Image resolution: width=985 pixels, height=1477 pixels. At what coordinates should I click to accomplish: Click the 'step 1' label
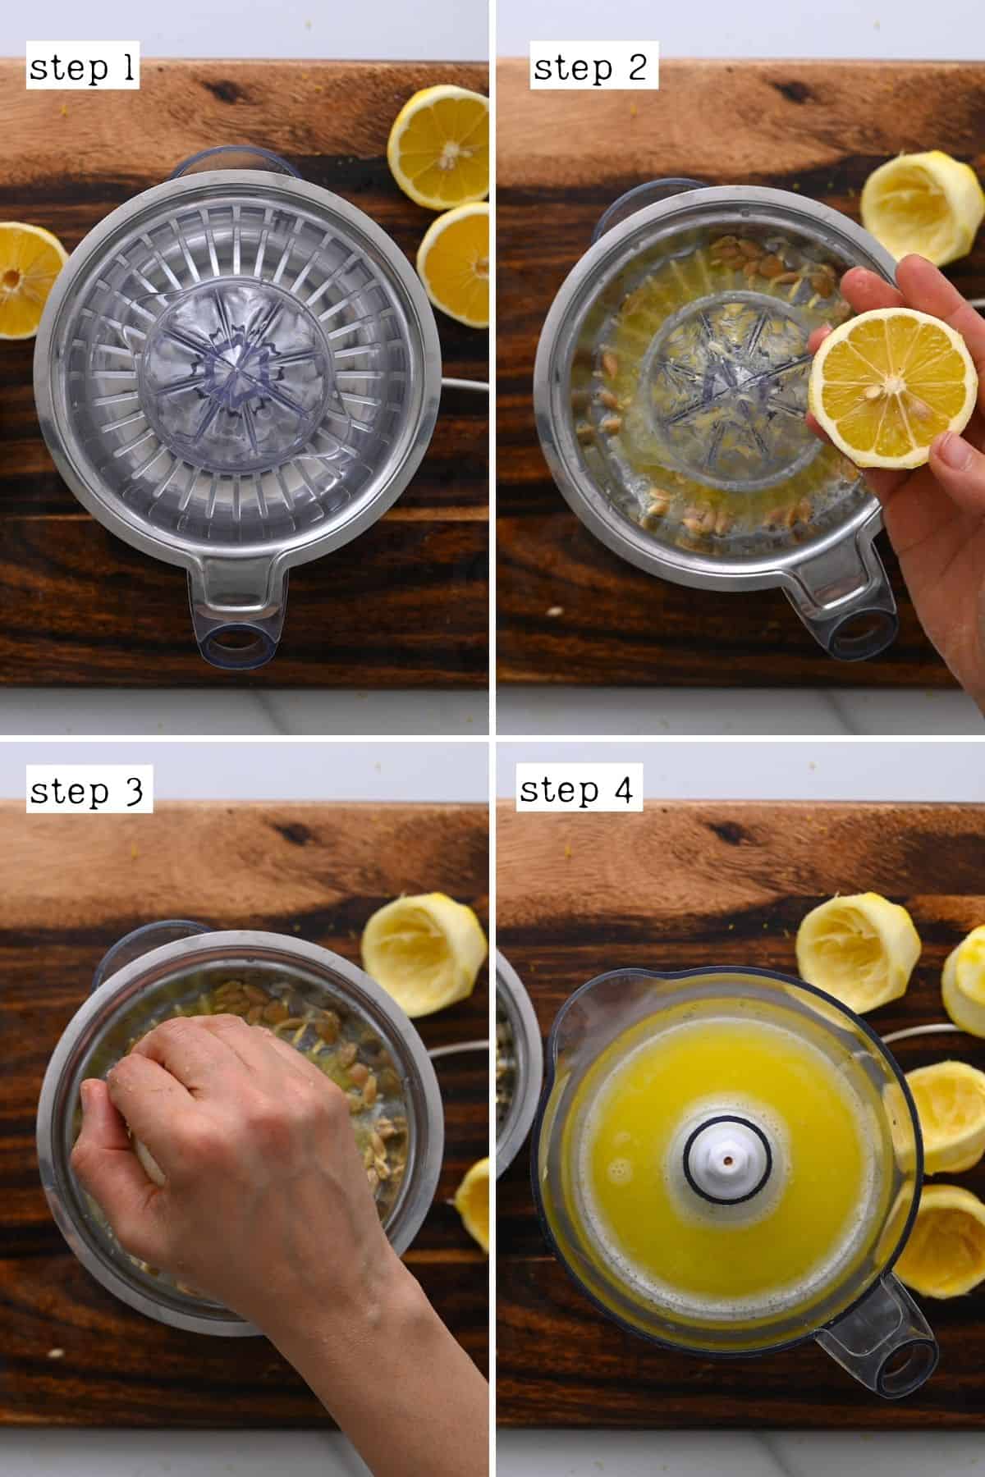(81, 68)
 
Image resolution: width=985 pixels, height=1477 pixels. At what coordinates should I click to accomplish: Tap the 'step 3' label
(88, 792)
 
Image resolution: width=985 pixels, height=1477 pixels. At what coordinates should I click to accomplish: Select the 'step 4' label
(577, 790)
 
